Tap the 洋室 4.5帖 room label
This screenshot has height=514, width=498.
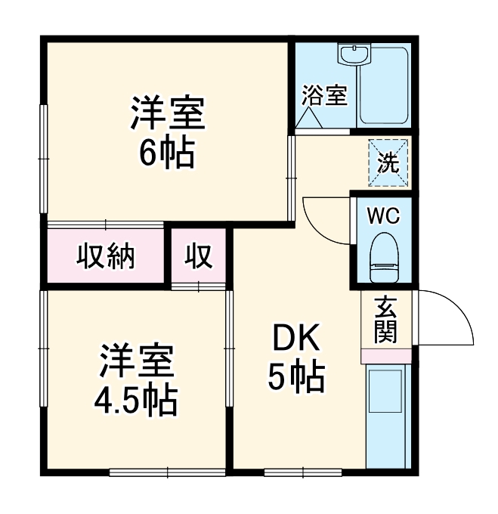[x=137, y=381]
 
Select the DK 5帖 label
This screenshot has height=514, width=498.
[x=297, y=358]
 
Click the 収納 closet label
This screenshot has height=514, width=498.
[x=106, y=257]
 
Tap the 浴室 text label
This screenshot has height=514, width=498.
[x=324, y=96]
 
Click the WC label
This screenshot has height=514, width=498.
[x=384, y=215]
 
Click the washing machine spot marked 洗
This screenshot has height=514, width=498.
[x=388, y=163]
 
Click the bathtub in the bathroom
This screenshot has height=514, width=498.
[x=384, y=86]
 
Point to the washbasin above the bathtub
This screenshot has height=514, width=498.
[x=352, y=55]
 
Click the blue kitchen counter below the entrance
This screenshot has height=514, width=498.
[x=387, y=416]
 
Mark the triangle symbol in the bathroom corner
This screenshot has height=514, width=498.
[x=310, y=119]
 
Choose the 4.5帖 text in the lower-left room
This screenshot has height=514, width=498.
[x=136, y=400]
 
